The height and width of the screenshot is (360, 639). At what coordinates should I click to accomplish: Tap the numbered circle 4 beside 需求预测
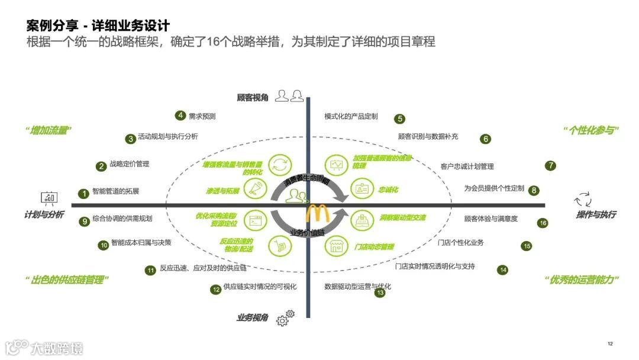coord(180,115)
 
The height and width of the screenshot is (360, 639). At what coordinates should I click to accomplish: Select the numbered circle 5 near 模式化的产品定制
coord(400,118)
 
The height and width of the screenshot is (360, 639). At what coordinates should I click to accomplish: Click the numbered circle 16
coord(543,223)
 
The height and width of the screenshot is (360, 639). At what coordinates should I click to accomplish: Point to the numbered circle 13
coord(380,292)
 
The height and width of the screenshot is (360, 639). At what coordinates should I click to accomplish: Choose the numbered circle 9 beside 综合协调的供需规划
coord(85,221)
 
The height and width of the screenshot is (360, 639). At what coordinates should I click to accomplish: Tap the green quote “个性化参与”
coord(590,130)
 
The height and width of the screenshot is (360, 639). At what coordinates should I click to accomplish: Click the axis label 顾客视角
coord(252,98)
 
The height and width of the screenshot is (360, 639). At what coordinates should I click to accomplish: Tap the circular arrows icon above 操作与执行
coord(583,198)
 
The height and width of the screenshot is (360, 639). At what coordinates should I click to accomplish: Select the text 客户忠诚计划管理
coord(467,166)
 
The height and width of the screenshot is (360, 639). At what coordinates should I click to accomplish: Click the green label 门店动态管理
coord(374,247)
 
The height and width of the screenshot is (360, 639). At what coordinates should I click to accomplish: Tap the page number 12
coord(610,344)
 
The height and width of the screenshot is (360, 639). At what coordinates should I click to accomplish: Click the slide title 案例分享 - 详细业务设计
coord(98,25)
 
